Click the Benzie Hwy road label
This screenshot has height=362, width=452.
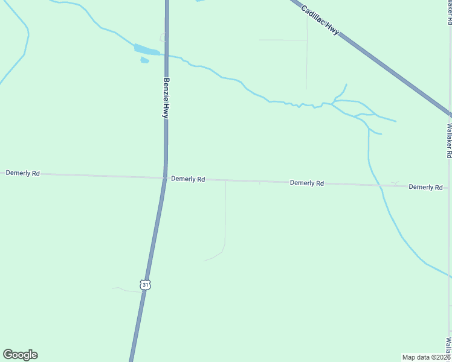(x=165, y=97)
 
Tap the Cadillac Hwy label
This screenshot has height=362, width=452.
(x=320, y=20)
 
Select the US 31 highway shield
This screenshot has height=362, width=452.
(x=144, y=284)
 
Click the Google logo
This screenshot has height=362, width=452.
(x=20, y=355)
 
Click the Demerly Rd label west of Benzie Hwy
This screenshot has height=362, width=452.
(x=23, y=173)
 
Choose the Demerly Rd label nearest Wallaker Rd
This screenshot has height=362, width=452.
(x=425, y=187)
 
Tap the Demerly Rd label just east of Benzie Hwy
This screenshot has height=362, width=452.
(x=188, y=179)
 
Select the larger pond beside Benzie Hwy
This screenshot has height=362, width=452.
(x=146, y=49)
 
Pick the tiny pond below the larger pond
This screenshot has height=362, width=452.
(x=144, y=60)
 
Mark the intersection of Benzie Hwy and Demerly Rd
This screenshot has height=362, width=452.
(x=164, y=177)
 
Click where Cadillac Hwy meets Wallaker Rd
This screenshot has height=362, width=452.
(x=450, y=114)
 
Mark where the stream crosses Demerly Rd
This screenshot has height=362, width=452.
(x=381, y=185)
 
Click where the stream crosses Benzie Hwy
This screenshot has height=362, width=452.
(x=166, y=56)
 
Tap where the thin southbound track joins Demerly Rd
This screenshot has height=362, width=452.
(x=225, y=180)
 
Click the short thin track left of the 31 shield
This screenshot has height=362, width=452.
(x=126, y=290)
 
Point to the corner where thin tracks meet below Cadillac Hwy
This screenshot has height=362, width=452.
(x=307, y=40)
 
